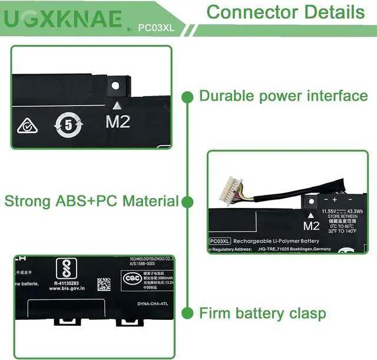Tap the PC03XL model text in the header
click(x=155, y=27)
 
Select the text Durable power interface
click(x=283, y=95)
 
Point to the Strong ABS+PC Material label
click(x=92, y=201)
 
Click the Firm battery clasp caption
click(x=262, y=312)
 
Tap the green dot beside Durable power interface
click(x=187, y=96)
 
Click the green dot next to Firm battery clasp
click(x=187, y=312)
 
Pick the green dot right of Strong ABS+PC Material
click(x=187, y=202)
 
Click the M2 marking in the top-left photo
click(x=117, y=122)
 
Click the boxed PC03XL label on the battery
click(x=219, y=241)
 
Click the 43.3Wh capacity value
click(x=356, y=211)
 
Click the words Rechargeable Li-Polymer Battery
click(x=276, y=241)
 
